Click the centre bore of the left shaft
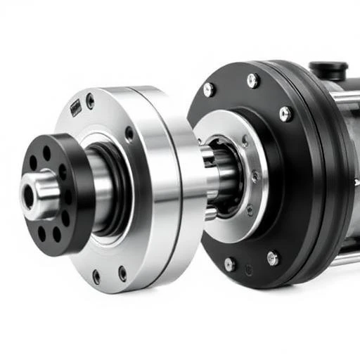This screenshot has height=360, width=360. click(x=28, y=197)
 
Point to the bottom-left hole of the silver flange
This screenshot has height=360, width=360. click(x=96, y=277)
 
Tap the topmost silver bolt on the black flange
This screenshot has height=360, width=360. click(x=252, y=81)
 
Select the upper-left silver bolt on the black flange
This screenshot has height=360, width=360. click(x=208, y=89)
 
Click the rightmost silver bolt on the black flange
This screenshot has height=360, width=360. click(x=285, y=113)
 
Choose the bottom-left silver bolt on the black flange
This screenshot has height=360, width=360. click(x=229, y=264)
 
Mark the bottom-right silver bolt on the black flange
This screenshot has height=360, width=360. click(x=272, y=258)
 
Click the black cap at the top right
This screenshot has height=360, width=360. click(x=328, y=70)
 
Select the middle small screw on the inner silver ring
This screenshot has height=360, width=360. click(x=254, y=176)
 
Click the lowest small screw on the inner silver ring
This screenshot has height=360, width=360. click(x=249, y=209)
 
